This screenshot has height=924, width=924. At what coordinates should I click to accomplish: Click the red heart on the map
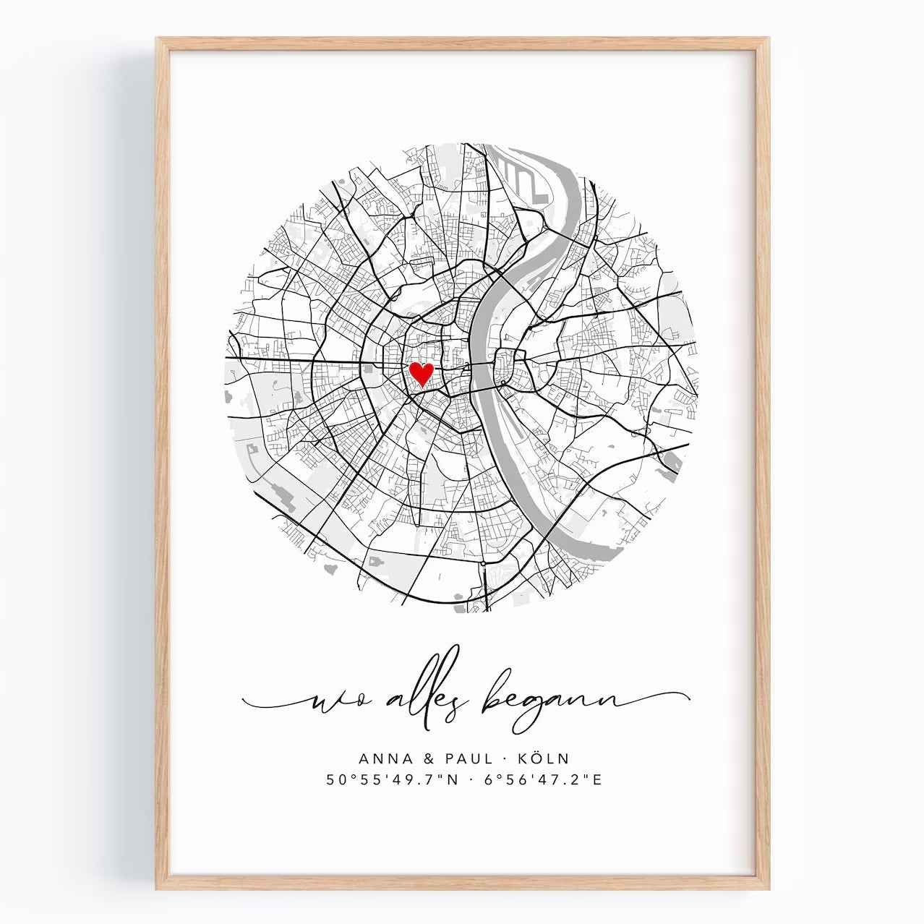tap(421, 374)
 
